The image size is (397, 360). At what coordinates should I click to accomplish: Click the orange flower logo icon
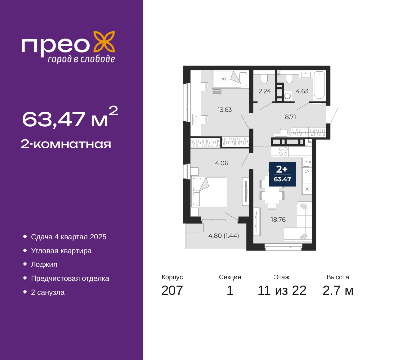pos(104,42)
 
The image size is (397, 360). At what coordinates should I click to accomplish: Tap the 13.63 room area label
pos(225,110)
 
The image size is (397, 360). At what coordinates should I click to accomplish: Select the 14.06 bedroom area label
pos(220,163)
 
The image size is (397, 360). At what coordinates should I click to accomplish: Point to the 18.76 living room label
pos(278,219)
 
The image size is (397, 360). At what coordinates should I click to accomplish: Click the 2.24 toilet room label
pos(265,91)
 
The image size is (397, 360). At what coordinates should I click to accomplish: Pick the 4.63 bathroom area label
pos(302,91)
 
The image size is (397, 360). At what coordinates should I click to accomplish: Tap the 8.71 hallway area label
pos(290,117)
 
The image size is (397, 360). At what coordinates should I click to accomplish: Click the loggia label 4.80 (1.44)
pos(223,236)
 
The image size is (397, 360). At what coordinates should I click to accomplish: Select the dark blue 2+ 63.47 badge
pos(282,174)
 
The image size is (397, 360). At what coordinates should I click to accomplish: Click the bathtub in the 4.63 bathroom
pos(319,85)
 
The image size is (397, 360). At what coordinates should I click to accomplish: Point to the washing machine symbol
pos(288,96)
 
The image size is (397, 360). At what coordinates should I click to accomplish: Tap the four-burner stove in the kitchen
pos(283,152)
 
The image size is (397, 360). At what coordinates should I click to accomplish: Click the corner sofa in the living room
pos(298,223)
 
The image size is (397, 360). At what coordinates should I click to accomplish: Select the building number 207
pos(172,290)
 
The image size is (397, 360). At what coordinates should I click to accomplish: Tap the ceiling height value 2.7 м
pos(338,290)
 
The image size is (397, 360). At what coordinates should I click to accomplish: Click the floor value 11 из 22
pos(282,290)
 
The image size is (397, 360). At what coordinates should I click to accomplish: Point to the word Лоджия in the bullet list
pos(44,265)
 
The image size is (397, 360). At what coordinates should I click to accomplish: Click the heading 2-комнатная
pos(66,144)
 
